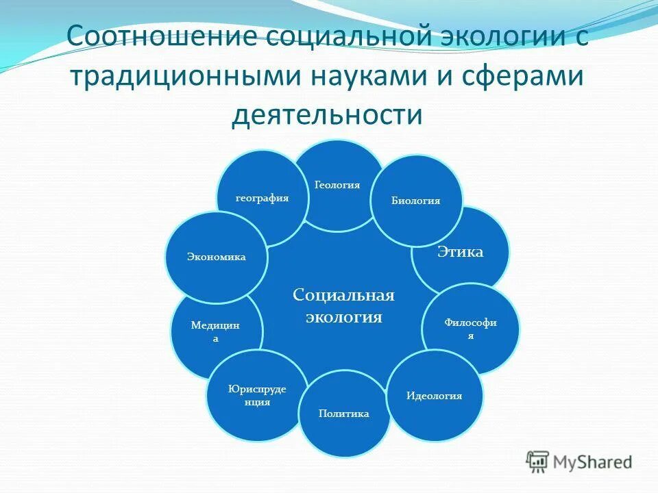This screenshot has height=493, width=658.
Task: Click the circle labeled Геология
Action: tap(337, 185)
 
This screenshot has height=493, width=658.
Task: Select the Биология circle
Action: tap(416, 201)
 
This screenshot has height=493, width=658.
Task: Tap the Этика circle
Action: tap(466, 252)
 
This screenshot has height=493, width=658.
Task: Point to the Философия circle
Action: tap(470, 328)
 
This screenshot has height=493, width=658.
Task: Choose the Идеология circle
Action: tap(435, 396)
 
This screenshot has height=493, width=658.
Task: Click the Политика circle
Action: tap(344, 414)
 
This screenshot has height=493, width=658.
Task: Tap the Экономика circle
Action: tap(216, 257)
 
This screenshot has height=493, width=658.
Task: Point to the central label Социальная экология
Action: tap(343, 306)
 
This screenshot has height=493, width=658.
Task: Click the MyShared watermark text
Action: tap(594, 462)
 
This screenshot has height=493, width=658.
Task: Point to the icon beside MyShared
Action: tap(537, 462)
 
